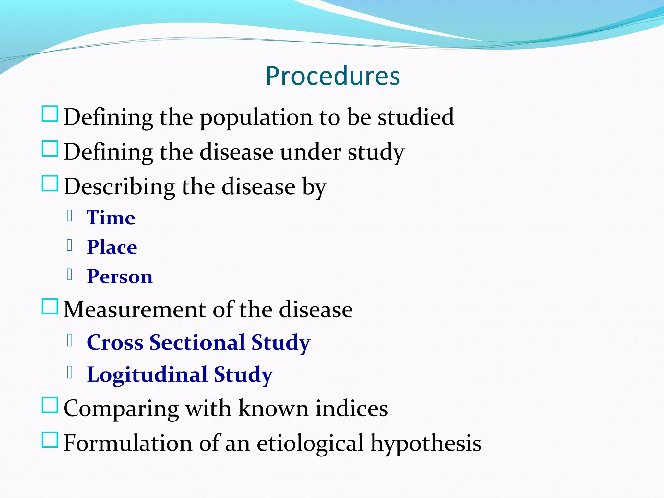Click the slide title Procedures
pos(333,76)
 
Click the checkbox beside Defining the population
pos(50,114)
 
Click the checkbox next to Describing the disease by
pos(50,184)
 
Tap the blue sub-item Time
pos(111,218)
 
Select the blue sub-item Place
pos(112,247)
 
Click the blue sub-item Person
pos(120,277)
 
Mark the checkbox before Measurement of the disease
pos(50,307)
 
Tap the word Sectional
pos(197,342)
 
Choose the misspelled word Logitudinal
pos(147,374)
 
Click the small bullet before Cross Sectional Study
pos(69,340)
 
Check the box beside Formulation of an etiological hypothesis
pos(50,440)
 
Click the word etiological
pos(310,444)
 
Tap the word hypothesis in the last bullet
pos(426,444)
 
